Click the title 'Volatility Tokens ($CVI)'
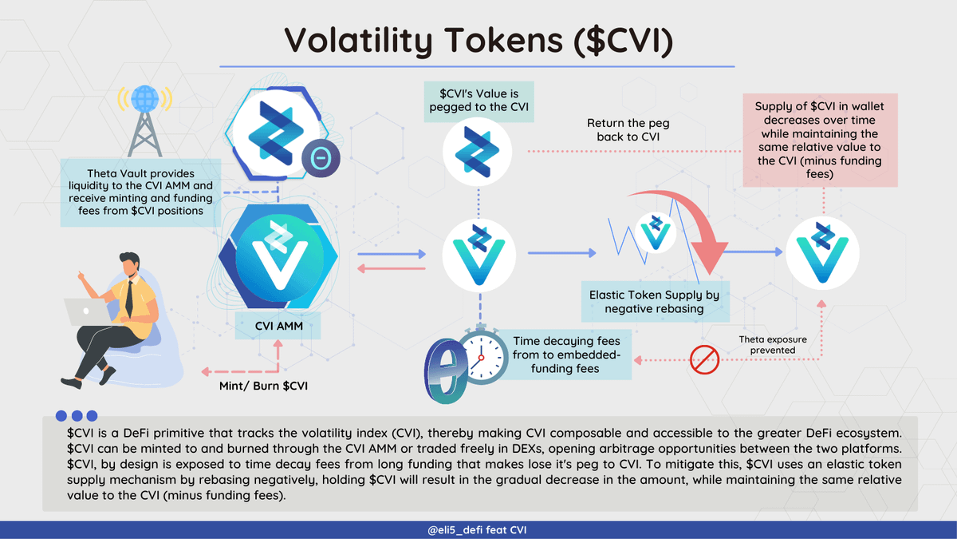point(478,41)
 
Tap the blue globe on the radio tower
point(145,98)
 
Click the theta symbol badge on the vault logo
point(321,158)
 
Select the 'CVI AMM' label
point(278,326)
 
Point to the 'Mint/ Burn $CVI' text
point(263,386)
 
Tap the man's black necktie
point(129,299)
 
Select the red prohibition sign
point(704,360)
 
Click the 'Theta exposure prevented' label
point(773,345)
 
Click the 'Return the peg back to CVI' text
point(628,129)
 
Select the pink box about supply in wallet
point(820,141)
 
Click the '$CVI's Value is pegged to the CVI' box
point(478,102)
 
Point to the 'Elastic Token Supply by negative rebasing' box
point(655,302)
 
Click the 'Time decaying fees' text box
point(565,355)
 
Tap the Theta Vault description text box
point(140,192)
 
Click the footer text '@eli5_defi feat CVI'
point(477,530)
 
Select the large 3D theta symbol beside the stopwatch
point(445,371)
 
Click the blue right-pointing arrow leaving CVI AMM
point(392,254)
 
